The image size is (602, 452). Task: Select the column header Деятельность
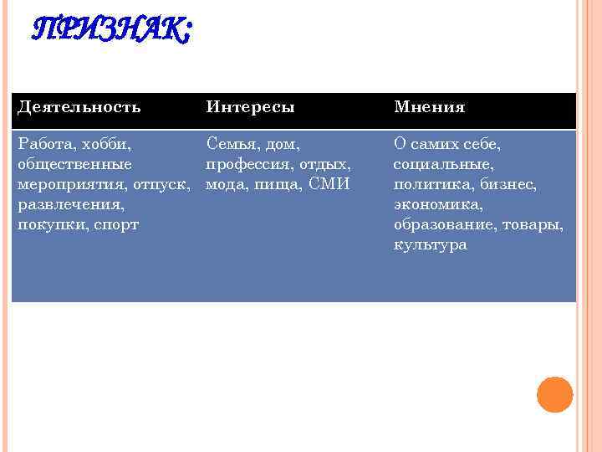79,108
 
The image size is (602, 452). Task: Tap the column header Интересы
250,108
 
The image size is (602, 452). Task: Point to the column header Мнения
429,108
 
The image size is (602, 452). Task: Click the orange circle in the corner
554,394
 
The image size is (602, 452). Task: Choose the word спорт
115,224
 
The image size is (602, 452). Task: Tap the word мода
225,184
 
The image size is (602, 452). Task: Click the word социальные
443,164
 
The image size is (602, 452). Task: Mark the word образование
442,224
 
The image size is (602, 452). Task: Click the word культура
430,244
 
